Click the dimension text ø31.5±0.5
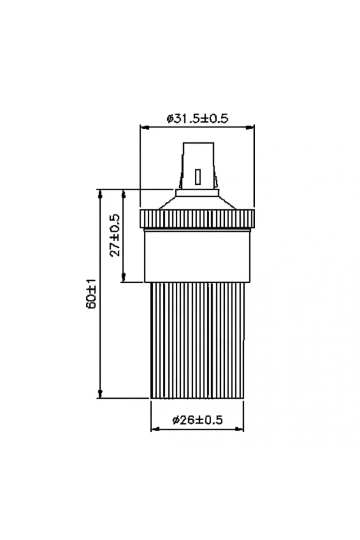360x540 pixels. [197, 118]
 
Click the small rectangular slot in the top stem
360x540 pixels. [198, 177]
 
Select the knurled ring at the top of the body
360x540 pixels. [197, 219]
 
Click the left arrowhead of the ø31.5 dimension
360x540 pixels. [144, 128]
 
